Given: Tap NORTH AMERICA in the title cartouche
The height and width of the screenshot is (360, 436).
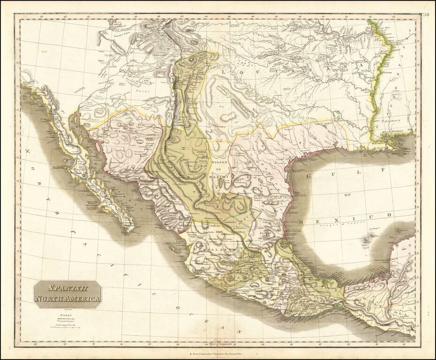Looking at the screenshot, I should [x=68, y=299].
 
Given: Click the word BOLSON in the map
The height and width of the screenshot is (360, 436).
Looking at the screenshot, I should [x=218, y=162].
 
